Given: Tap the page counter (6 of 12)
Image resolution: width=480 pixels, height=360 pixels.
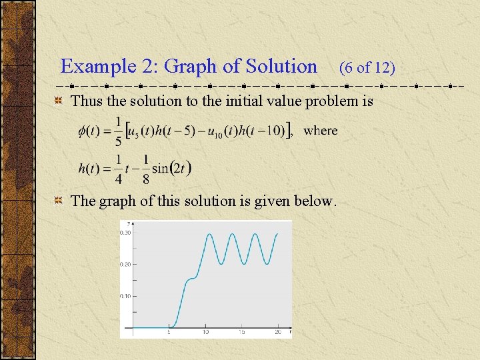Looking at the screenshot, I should coord(367,67).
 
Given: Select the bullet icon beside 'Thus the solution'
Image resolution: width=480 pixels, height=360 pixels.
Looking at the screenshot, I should coord(59,101).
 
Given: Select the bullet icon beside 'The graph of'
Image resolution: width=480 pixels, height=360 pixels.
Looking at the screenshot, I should coord(59,201).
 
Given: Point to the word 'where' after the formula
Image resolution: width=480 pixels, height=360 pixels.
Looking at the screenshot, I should coord(321,130).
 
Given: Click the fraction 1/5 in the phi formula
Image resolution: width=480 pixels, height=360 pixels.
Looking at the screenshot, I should coord(118,131).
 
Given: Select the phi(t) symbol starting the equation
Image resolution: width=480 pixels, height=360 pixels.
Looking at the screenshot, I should coord(89,131).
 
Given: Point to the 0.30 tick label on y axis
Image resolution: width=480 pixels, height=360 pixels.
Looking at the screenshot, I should coord(125,233).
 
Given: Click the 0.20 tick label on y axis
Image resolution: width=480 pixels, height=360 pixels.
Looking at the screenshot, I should coord(125,264).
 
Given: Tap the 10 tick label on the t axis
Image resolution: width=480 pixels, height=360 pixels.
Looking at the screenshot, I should coord(205,331).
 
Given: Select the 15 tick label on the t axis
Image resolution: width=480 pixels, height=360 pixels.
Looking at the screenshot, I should coord(242,331).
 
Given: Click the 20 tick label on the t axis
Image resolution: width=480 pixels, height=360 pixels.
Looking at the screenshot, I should coord(278,331).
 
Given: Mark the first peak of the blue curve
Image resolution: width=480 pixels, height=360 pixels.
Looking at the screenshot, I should coord(211,234).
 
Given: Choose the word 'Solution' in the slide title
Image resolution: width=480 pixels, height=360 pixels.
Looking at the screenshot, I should coord(281,67).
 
